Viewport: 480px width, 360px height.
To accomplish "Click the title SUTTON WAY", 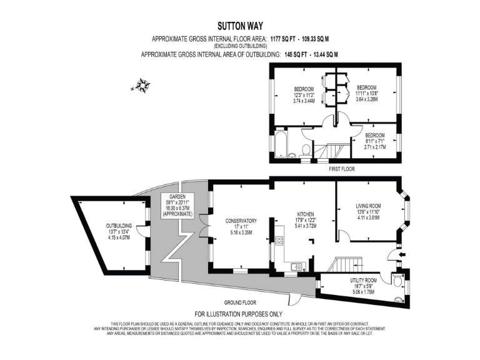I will pos(240,26).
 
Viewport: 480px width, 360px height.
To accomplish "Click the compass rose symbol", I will pos(142,86).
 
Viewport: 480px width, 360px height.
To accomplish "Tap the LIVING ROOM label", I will pos(368,206).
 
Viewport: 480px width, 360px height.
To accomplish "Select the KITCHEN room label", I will pos(306,214).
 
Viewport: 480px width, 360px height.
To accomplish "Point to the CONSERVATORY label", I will pos(241,221).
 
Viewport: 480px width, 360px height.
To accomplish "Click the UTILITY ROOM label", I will pos(363,281).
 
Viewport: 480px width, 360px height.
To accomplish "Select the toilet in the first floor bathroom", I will pos(306,149).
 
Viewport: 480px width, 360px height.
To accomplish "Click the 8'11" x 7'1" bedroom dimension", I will pos(374,141).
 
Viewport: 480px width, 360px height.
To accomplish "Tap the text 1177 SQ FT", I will pos(281,39).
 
